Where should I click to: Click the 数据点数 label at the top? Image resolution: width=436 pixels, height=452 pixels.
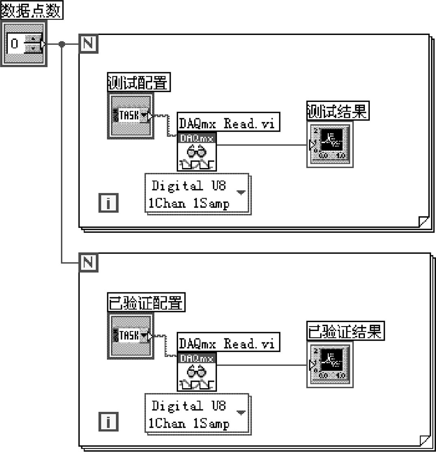tap(32, 10)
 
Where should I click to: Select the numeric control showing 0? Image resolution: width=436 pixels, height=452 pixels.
tap(24, 43)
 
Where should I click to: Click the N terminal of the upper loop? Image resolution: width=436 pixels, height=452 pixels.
tap(89, 43)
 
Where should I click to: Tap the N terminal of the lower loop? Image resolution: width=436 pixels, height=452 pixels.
tap(89, 262)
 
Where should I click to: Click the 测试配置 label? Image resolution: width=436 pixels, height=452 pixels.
tap(138, 83)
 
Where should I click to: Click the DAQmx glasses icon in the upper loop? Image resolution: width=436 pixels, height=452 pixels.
tap(197, 152)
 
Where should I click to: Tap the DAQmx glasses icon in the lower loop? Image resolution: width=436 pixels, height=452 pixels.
tap(197, 372)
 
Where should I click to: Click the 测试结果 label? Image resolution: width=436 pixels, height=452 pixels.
tap(338, 111)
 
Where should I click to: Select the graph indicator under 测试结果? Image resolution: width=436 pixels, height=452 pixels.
tap(330, 145)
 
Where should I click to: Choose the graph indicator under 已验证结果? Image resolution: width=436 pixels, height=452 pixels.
tap(330, 365)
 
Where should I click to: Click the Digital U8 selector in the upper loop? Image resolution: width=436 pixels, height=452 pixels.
tap(197, 194)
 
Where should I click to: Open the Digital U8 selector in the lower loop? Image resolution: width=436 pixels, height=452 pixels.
tap(197, 414)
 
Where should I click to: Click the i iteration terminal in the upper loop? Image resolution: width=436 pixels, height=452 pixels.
tap(108, 203)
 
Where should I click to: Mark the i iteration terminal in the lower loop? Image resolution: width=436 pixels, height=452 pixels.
tap(108, 422)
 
